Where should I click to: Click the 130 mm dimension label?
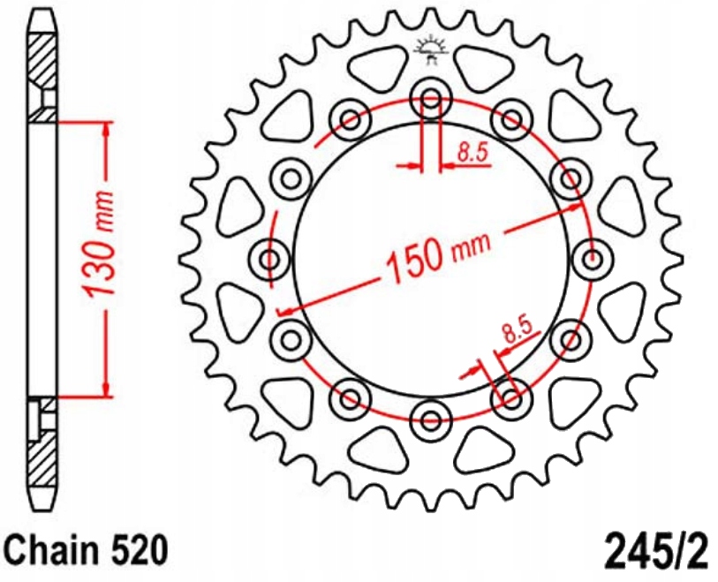point(100,253)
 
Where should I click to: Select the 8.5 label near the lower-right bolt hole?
point(518,331)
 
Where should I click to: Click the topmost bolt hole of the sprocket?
point(431,100)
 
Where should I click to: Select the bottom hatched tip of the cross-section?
point(42,459)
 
